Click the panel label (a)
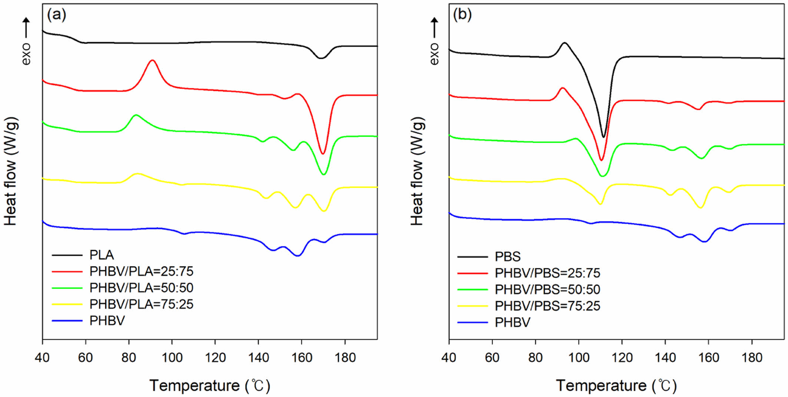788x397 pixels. coord(56,15)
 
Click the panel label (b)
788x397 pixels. coord(462,15)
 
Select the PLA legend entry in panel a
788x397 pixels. coord(102,255)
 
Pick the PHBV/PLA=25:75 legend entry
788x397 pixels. coord(141,271)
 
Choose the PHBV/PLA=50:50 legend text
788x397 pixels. coord(141,288)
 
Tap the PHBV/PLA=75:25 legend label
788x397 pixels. coord(141,304)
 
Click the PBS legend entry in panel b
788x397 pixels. coord(508,257)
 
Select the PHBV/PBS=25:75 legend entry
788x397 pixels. coord(547,273)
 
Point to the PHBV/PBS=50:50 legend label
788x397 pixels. coord(547,289)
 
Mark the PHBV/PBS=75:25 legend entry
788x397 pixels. coord(547,306)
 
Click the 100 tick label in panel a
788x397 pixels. coord(172,358)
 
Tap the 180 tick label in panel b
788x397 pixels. coord(752,358)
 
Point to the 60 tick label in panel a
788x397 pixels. coord(86,358)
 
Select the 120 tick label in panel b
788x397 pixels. coord(622,358)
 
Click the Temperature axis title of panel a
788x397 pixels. coord(210,386)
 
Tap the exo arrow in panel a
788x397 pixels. coord(26,28)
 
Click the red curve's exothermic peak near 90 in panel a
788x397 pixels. coord(152,60)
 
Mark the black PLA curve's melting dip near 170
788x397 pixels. coord(321,58)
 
